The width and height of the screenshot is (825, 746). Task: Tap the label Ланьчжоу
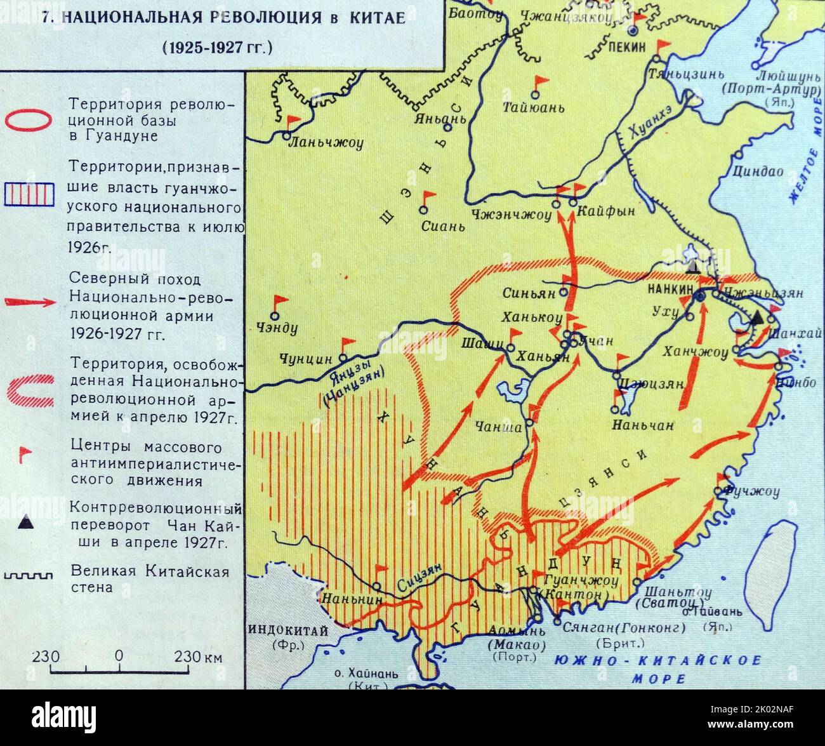tap(326, 143)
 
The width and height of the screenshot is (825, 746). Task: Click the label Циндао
tap(758, 171)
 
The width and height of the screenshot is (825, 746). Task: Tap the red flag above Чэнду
tap(279, 302)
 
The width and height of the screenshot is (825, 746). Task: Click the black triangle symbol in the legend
tap(25, 523)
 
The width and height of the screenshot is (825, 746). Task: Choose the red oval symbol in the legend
tap(28, 119)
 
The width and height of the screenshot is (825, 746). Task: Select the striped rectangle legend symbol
tap(28, 194)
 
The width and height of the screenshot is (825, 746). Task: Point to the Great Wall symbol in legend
tap(28, 575)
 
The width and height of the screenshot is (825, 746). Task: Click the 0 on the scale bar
tap(119, 656)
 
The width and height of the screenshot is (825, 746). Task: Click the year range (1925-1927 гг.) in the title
tap(216, 47)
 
